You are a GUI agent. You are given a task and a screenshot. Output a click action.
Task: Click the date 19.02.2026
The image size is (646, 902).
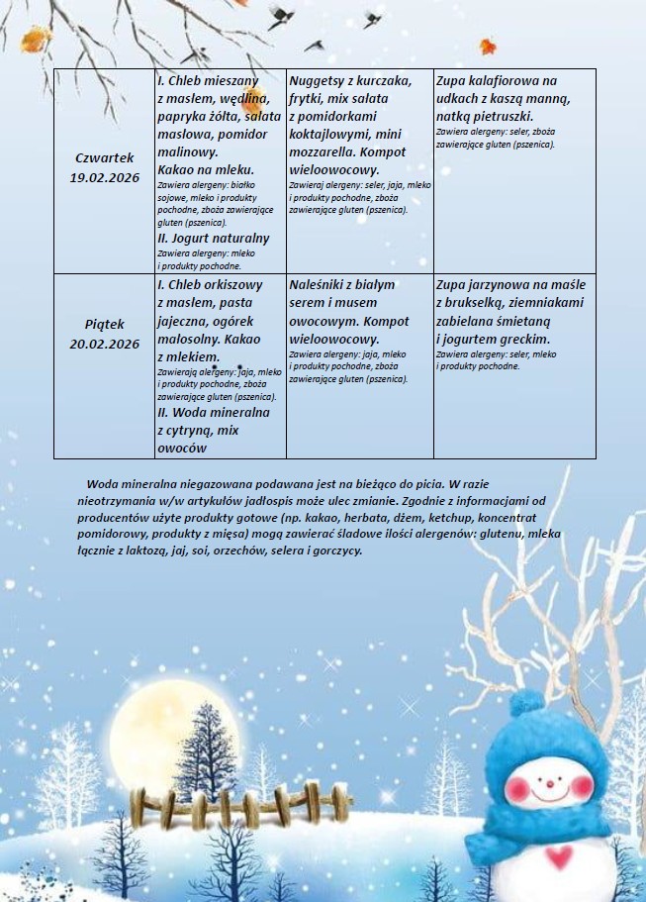coord(104,177)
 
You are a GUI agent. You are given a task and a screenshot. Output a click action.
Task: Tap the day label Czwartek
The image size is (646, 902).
coord(104,157)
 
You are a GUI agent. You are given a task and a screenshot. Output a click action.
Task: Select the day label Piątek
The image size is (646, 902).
coord(104,324)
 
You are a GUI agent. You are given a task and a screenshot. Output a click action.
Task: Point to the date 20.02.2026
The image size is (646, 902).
coord(104,344)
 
